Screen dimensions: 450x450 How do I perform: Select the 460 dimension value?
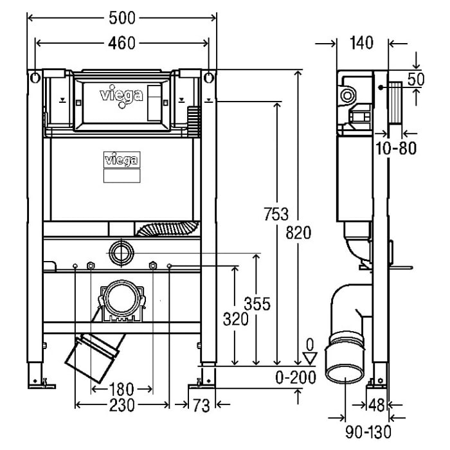pos(122,43)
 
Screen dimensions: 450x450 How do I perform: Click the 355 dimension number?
pos(257,302)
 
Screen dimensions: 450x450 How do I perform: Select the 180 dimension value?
pos(121,389)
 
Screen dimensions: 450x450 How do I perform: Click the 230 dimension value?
pos(122,405)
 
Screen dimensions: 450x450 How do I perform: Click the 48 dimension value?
pos(377,405)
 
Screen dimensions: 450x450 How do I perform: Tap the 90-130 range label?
pos(367,434)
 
